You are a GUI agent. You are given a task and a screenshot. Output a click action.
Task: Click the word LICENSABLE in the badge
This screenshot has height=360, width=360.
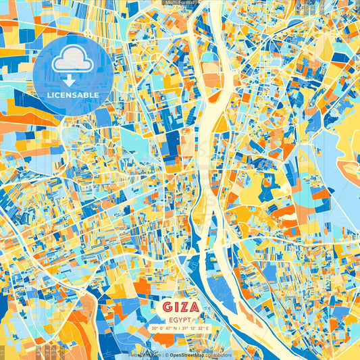[x=73, y=95]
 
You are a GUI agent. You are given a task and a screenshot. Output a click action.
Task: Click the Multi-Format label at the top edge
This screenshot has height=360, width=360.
[x=180, y=3]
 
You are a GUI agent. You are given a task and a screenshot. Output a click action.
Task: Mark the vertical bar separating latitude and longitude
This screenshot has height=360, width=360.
[x=180, y=328]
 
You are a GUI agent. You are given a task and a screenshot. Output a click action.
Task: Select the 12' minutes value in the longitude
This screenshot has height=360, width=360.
[x=195, y=328]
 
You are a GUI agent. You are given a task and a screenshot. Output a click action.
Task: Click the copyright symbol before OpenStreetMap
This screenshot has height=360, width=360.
[x=167, y=355]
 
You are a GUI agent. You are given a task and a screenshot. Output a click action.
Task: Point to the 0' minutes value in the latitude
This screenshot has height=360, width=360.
[x=162, y=328]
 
